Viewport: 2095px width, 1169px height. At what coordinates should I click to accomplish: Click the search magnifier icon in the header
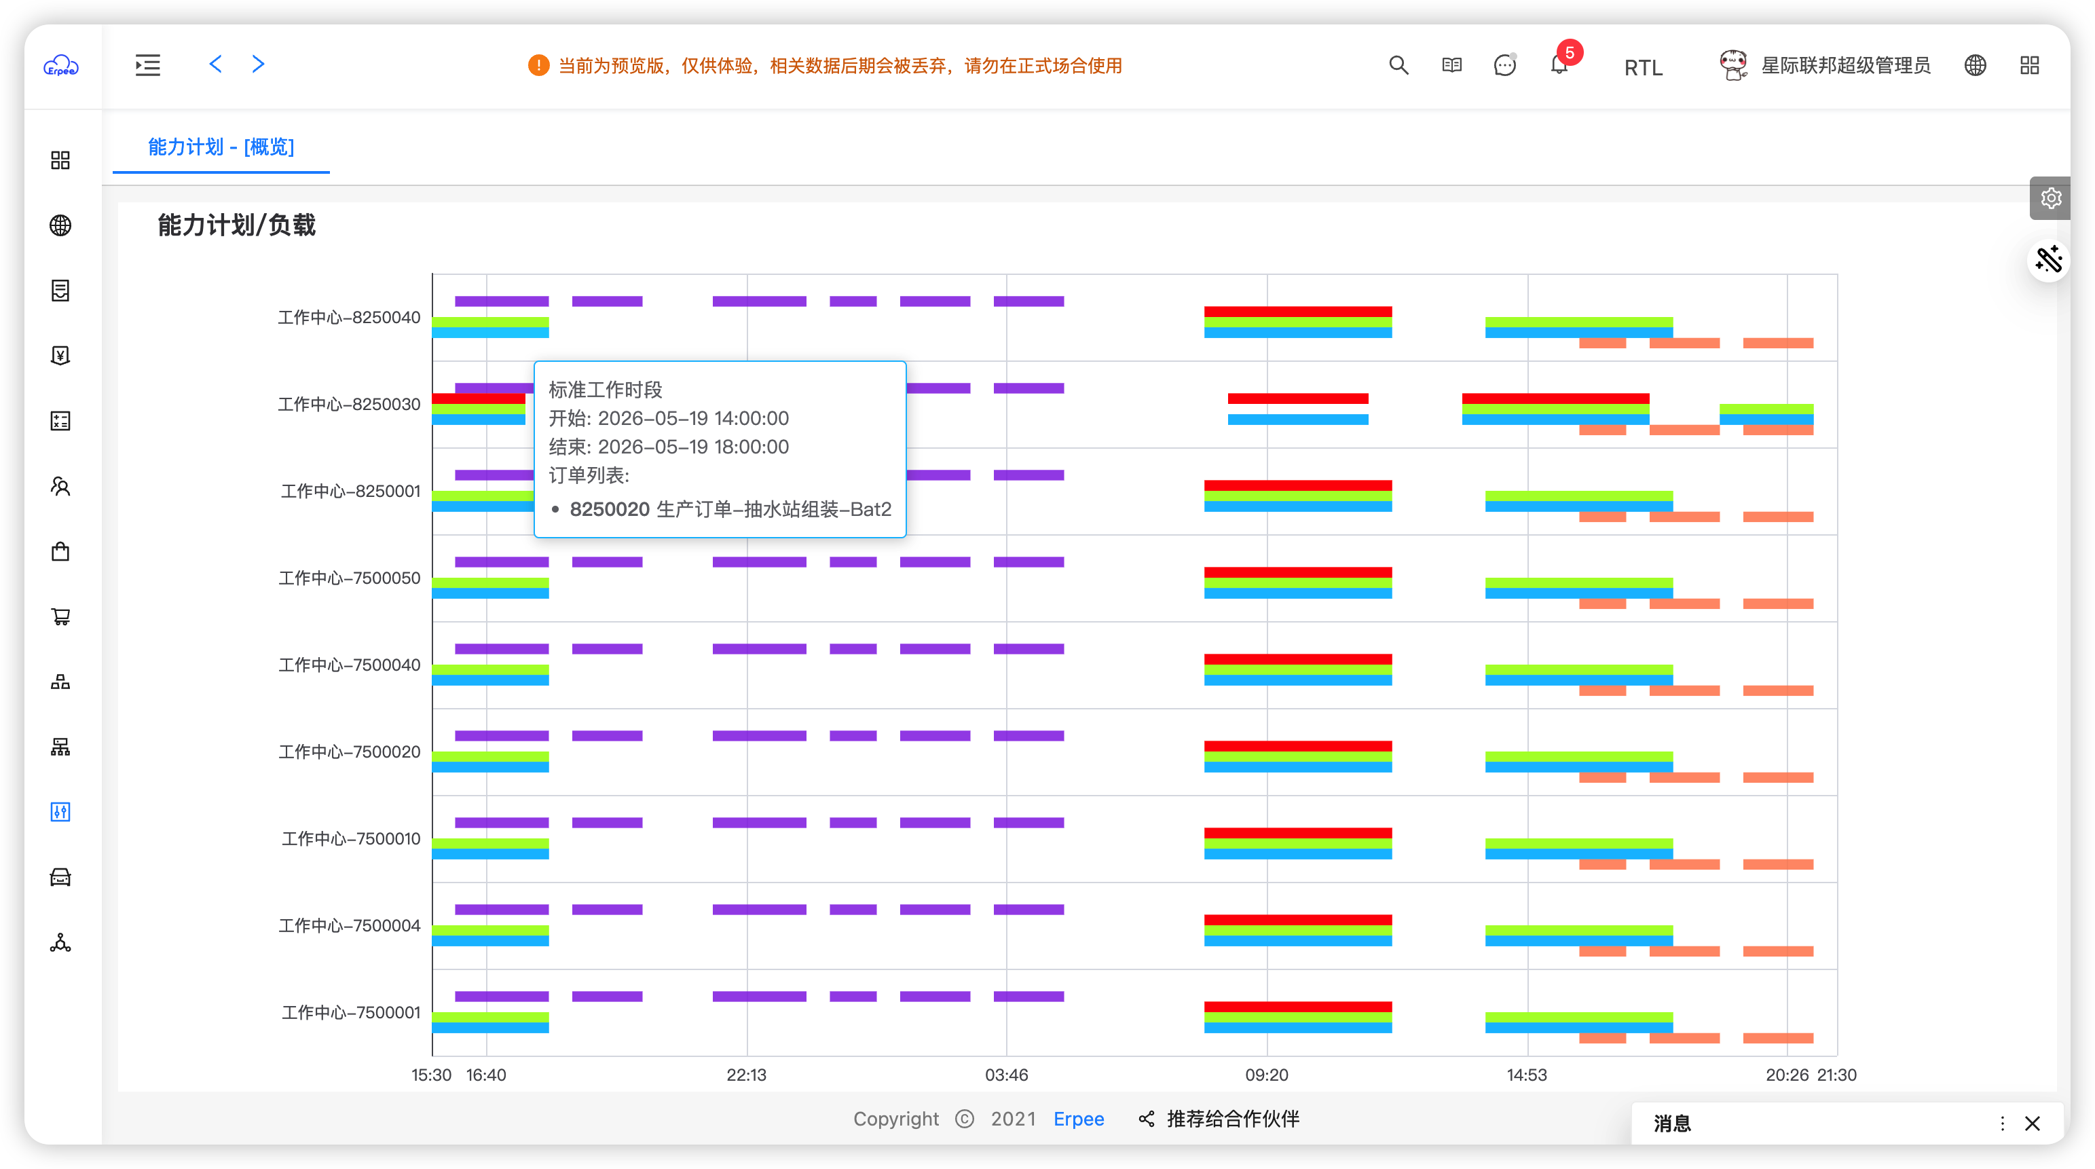pyautogui.click(x=1398, y=65)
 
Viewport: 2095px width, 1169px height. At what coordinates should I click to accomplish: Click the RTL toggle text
pyautogui.click(x=1643, y=67)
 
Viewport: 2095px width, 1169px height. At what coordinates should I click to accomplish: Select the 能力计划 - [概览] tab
pyautogui.click(x=221, y=147)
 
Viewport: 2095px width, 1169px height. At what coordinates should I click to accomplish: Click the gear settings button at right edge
pyautogui.click(x=2050, y=198)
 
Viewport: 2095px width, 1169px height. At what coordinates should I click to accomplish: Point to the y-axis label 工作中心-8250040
pyautogui.click(x=349, y=317)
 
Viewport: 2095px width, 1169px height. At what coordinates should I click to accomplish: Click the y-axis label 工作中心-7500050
pyautogui.click(x=350, y=578)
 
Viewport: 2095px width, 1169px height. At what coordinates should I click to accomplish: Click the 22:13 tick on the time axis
pyautogui.click(x=747, y=1075)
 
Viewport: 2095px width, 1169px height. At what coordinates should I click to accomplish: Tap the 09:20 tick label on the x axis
pyautogui.click(x=1267, y=1075)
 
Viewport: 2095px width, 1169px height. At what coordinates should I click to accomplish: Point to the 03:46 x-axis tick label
pyautogui.click(x=1007, y=1075)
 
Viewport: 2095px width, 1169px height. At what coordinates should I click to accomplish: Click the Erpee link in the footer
pyautogui.click(x=1079, y=1119)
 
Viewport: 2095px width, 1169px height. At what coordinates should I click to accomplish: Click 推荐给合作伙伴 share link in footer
pyautogui.click(x=1219, y=1119)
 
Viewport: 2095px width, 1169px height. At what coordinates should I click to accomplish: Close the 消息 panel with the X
pyautogui.click(x=2033, y=1124)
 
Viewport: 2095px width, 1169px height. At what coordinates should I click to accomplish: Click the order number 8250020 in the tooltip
pyautogui.click(x=610, y=509)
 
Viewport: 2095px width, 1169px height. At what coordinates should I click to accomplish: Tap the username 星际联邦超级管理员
pyautogui.click(x=1845, y=65)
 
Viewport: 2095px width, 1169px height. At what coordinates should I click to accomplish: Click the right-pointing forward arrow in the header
pyautogui.click(x=258, y=64)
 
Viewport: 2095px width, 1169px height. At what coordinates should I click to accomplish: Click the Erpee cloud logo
pyautogui.click(x=61, y=65)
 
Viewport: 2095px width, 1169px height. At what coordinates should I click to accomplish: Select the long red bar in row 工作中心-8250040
pyautogui.click(x=1298, y=312)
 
